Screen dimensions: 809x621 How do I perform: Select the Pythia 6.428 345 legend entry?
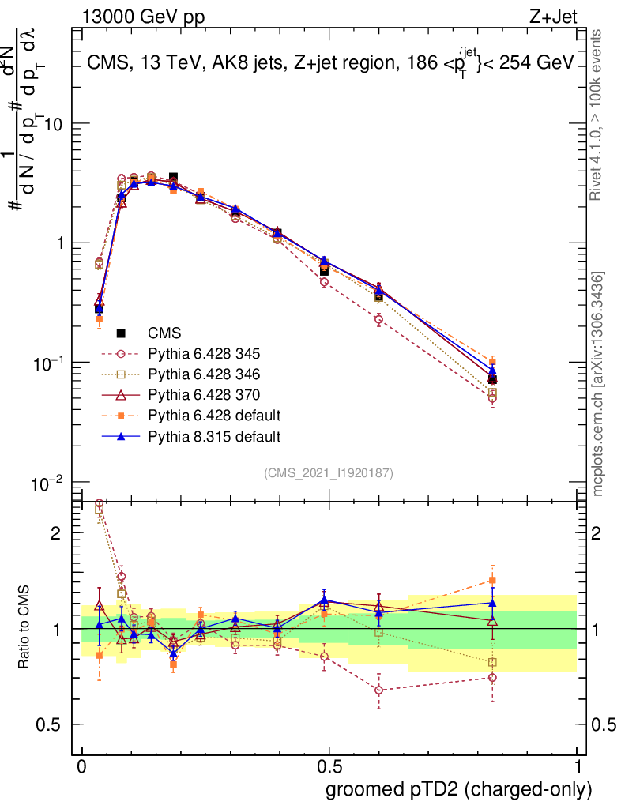(209, 353)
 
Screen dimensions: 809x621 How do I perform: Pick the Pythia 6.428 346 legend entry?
(209, 374)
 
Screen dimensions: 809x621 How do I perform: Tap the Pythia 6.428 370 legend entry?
(209, 394)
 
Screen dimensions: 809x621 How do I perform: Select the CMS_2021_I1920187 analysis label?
(329, 472)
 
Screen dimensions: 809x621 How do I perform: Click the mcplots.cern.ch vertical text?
(599, 385)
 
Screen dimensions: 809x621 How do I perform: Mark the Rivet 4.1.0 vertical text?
(599, 115)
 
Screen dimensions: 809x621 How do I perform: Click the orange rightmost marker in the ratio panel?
(493, 580)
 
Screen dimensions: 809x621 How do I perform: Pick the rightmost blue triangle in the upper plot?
(493, 371)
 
